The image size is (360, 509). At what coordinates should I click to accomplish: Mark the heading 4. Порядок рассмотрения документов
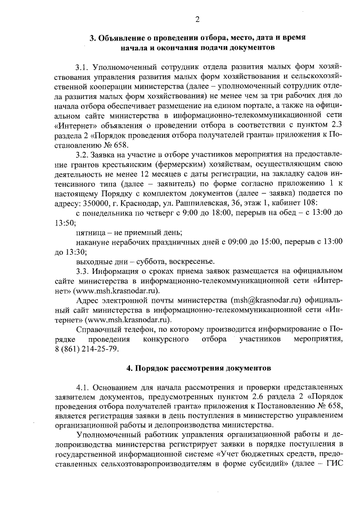198,368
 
